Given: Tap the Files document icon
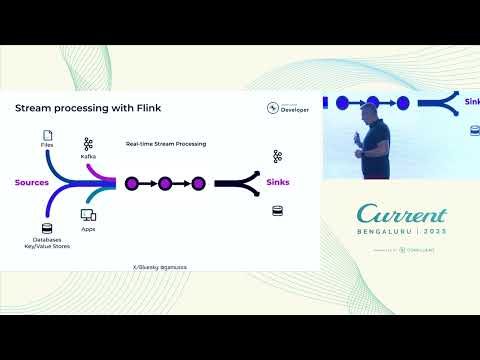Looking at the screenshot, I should [x=46, y=135].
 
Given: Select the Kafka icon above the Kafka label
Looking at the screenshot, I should [x=88, y=143].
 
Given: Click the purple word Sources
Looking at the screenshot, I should [x=32, y=183].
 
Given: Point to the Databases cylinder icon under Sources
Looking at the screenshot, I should [x=46, y=228].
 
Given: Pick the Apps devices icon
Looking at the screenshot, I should [x=88, y=215].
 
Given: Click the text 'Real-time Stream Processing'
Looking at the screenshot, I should [x=166, y=144].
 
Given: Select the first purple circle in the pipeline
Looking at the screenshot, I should [x=131, y=183].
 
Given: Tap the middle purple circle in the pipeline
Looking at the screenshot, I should [x=165, y=183].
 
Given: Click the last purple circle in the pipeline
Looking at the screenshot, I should [x=198, y=183].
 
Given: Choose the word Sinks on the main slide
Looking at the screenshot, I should [x=278, y=183].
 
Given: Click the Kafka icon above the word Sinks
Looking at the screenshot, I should [x=278, y=156].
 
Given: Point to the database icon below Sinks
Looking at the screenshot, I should [x=278, y=211].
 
